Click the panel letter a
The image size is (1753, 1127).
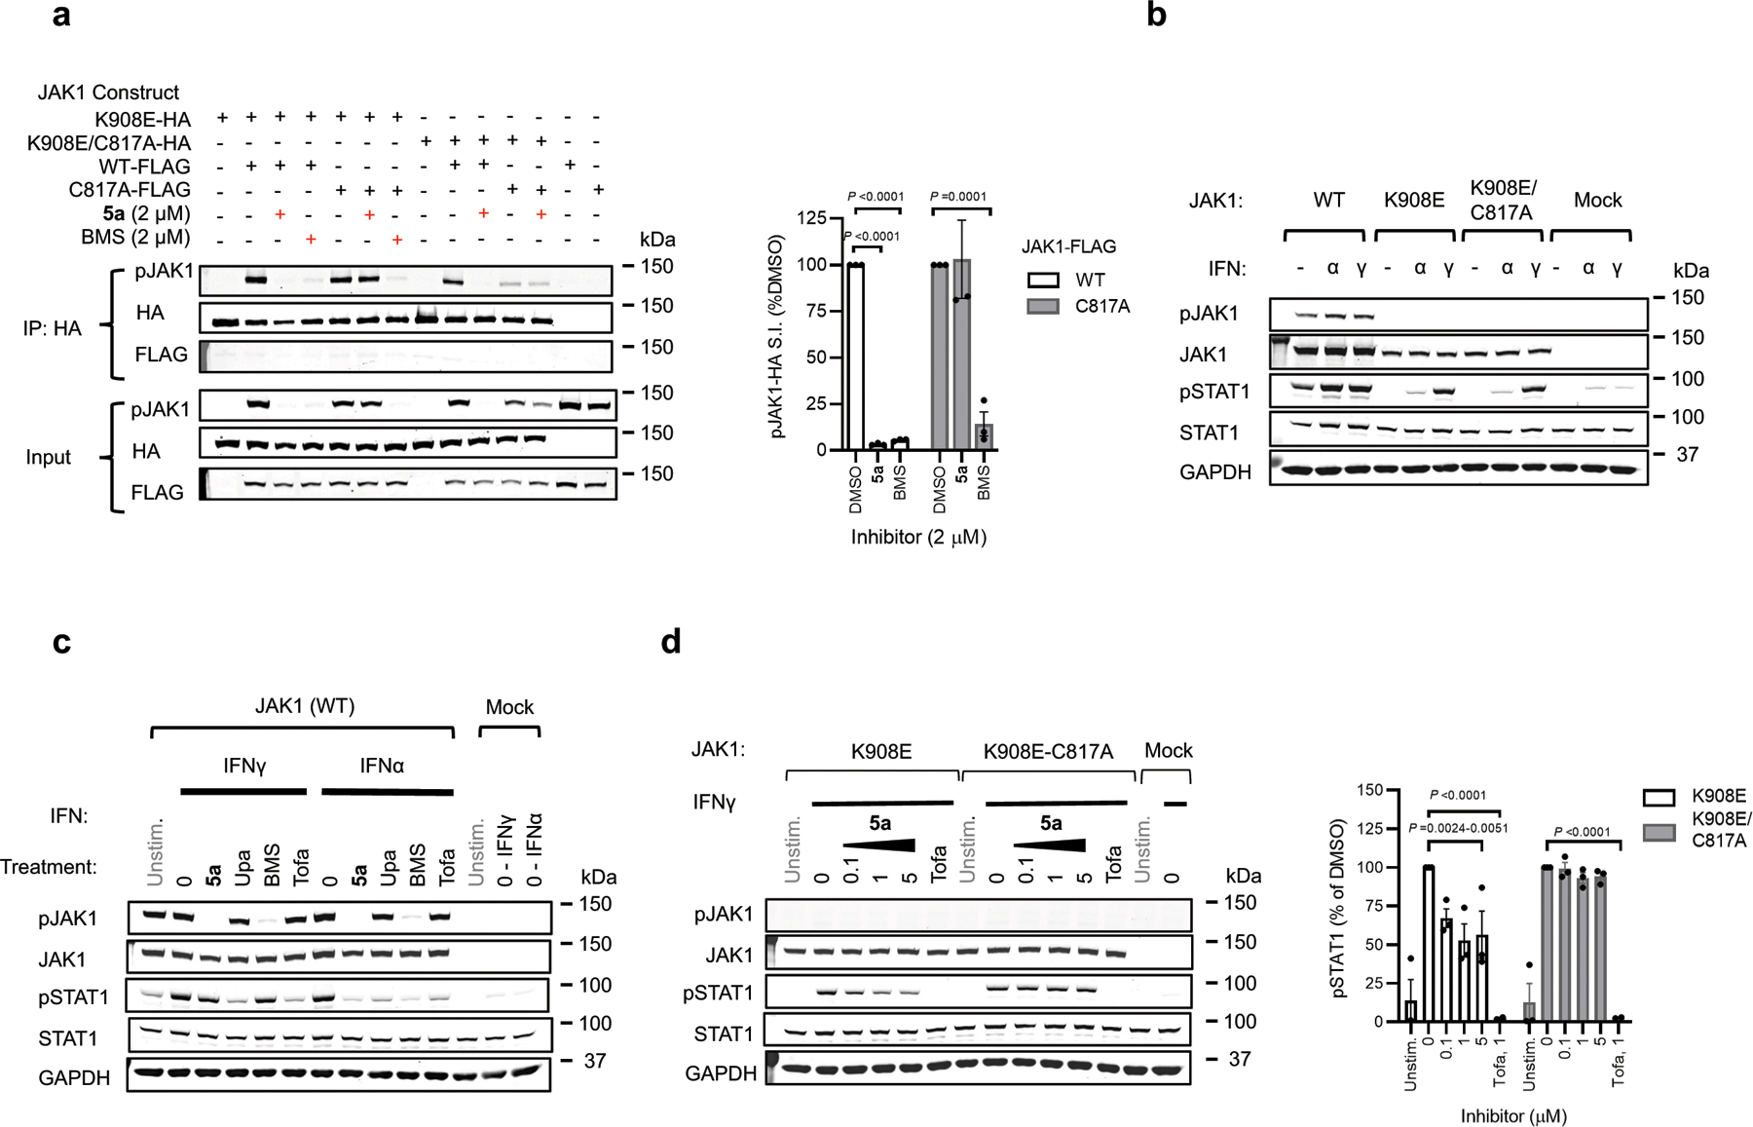tap(61, 17)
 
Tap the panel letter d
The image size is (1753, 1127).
tap(670, 642)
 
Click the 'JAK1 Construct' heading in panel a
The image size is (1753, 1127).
tap(108, 93)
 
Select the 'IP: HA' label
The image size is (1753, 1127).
tap(54, 328)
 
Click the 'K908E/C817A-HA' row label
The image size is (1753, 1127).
tap(109, 143)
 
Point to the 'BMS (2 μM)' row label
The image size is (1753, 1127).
tap(135, 237)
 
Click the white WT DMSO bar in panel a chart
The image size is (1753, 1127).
tap(856, 357)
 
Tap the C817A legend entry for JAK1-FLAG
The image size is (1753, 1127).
tap(1102, 307)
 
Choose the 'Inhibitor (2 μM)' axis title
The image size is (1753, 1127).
tap(918, 537)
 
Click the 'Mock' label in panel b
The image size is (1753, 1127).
tap(1597, 201)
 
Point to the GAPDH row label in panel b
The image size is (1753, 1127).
tap(1214, 472)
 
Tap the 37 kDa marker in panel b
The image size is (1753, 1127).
tap(1686, 455)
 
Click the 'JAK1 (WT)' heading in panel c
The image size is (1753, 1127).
tap(305, 706)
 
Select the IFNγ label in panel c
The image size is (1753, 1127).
tap(244, 766)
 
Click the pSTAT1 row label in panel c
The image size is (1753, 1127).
tap(74, 997)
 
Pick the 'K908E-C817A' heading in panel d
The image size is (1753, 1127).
tap(1047, 751)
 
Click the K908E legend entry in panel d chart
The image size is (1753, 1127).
tap(1718, 797)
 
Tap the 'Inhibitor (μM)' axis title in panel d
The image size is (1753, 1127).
tap(1513, 1115)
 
